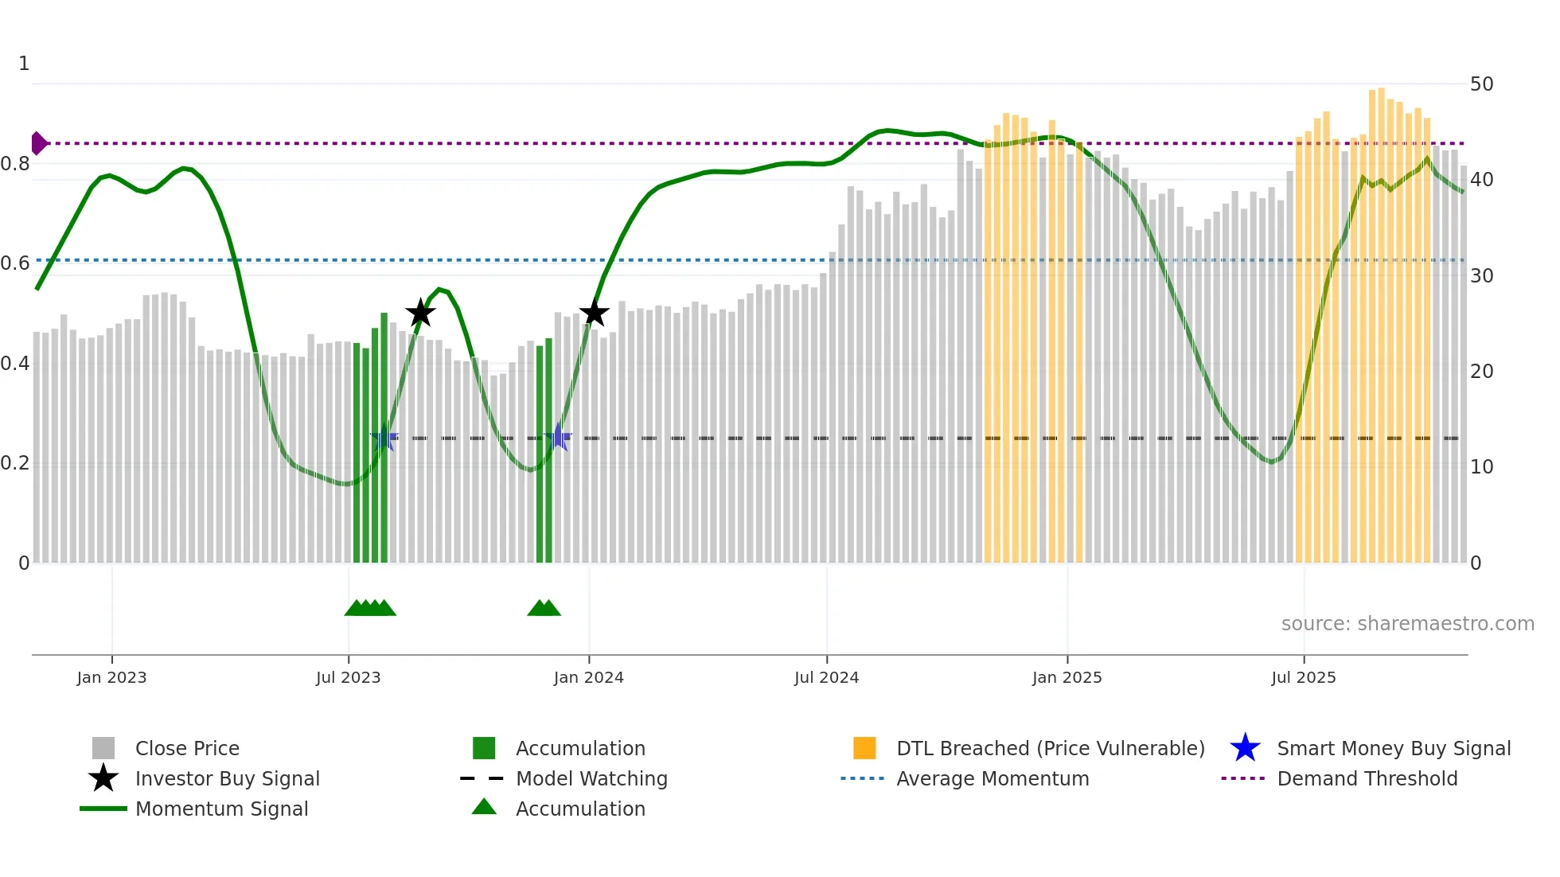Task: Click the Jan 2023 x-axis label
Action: pyautogui.click(x=111, y=677)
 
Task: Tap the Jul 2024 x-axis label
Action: pyautogui.click(x=826, y=677)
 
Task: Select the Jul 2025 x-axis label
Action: pyautogui.click(x=1303, y=677)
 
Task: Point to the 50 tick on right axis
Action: pyautogui.click(x=1481, y=84)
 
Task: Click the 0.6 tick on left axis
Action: pyautogui.click(x=15, y=263)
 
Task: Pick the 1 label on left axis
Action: pyautogui.click(x=24, y=64)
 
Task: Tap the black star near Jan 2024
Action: pyautogui.click(x=594, y=313)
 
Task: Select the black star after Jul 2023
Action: pyautogui.click(x=420, y=313)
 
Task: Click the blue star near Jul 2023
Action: pyautogui.click(x=384, y=438)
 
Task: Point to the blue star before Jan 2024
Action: pyautogui.click(x=559, y=438)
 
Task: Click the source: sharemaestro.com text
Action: pyautogui.click(x=1407, y=624)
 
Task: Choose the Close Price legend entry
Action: pyautogui.click(x=187, y=748)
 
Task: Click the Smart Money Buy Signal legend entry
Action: pyautogui.click(x=1393, y=748)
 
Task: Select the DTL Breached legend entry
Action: pyautogui.click(x=1050, y=748)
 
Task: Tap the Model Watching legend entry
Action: pyautogui.click(x=591, y=778)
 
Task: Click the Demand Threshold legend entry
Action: pyautogui.click(x=1367, y=778)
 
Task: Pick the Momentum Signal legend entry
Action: pyautogui.click(x=221, y=809)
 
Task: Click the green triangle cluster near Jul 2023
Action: pyautogui.click(x=370, y=608)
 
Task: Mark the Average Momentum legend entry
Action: pyautogui.click(x=992, y=778)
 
